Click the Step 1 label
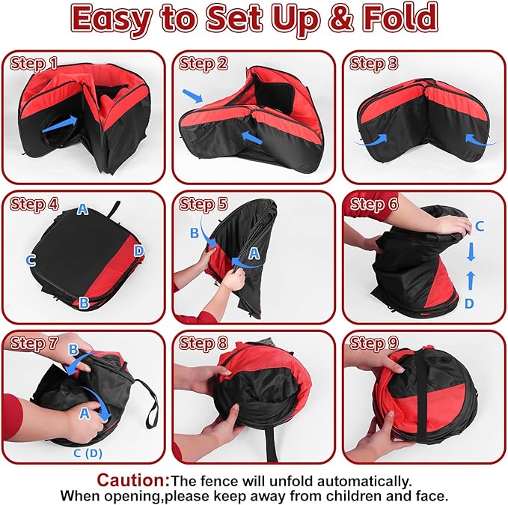pos(34,64)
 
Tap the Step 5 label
pos(203,205)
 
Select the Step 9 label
pos(373,343)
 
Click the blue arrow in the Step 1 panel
pos(60,124)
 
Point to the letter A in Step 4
pos(82,210)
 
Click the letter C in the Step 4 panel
pos(31,260)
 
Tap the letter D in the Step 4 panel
pos(138,250)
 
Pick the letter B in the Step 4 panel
pos(85,303)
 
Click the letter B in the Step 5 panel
pos(195,233)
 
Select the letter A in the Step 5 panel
pos(254,253)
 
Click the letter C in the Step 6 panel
pos(480,226)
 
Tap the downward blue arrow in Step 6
pos(471,253)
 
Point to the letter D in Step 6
pos(469,303)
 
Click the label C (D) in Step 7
pos(88,453)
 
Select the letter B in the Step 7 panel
pos(73,350)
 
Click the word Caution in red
pos(133,480)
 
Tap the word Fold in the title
pos(400,18)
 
